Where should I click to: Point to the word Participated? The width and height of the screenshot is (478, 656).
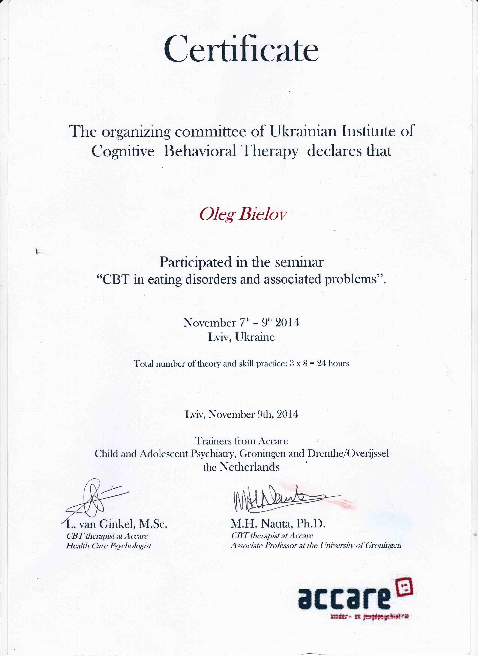(x=196, y=262)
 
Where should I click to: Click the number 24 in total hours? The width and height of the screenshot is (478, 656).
(x=321, y=364)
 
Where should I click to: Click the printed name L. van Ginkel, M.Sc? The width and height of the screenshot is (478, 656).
(x=117, y=524)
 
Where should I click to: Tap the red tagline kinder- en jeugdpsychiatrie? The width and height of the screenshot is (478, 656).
(x=370, y=617)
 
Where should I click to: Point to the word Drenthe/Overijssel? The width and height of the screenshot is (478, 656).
(x=348, y=454)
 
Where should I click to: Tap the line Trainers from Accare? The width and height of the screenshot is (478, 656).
(x=241, y=441)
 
